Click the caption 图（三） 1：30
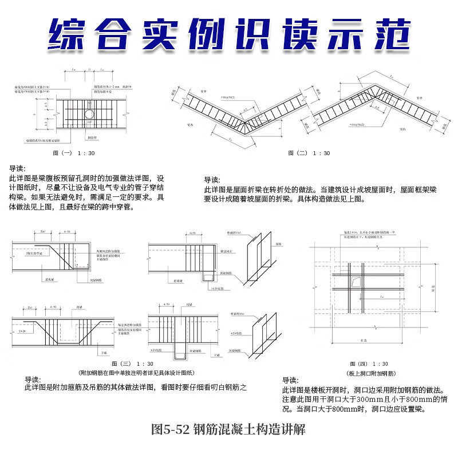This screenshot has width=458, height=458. click(132, 364)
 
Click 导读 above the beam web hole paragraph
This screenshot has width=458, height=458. click(17, 169)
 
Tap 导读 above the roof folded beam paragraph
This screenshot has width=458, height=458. click(212, 179)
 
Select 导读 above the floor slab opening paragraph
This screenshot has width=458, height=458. click(290, 380)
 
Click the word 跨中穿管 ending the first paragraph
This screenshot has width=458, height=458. click(120, 207)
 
